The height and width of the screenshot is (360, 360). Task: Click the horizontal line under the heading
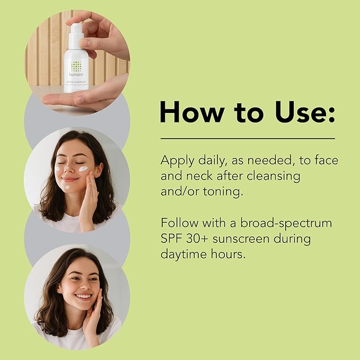pos(248,138)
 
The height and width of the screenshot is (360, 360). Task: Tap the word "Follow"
pos(181,223)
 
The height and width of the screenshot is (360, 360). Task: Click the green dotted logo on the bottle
pos(76,66)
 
